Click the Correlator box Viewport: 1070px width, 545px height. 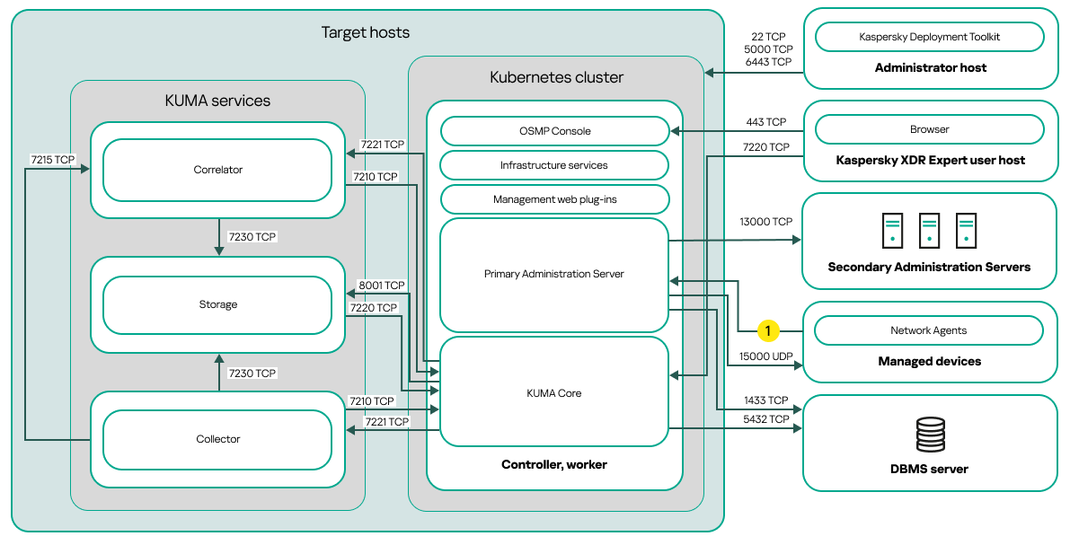pos(217,170)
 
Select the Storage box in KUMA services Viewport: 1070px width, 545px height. pos(217,304)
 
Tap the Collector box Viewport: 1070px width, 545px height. pos(217,439)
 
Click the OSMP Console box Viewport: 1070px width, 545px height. pos(554,131)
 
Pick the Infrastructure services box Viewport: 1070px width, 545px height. pos(554,165)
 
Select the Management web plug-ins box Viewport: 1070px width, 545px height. pos(554,199)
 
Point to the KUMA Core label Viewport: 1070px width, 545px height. pos(554,393)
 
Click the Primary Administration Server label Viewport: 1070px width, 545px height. pos(554,274)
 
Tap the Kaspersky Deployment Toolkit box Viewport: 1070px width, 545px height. pos(929,37)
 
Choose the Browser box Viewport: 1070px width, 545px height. pos(929,129)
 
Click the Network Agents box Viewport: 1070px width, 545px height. pos(929,330)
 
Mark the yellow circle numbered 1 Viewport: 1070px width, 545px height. pos(768,330)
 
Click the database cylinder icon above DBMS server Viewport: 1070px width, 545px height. pos(930,435)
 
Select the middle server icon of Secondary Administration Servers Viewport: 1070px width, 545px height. pos(929,231)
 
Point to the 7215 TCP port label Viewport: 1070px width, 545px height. pos(53,160)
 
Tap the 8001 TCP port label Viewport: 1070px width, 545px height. pos(382,286)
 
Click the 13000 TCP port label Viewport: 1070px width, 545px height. pos(765,222)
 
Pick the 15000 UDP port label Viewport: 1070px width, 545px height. pos(765,356)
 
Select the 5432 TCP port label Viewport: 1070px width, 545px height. pos(766,419)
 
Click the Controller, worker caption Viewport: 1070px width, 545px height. pos(554,464)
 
